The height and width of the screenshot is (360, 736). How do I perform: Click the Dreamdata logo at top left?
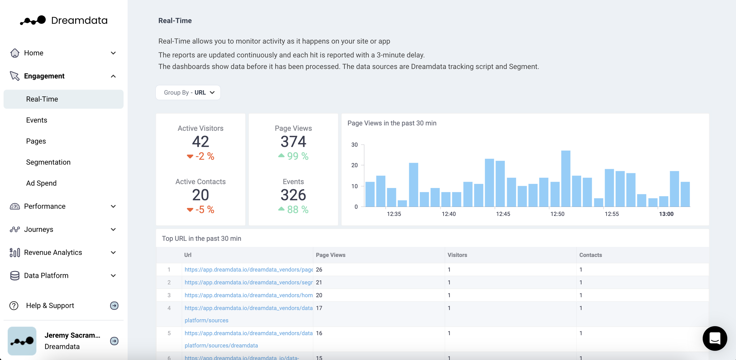[x=63, y=20]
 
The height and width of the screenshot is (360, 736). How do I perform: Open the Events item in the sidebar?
[x=37, y=120]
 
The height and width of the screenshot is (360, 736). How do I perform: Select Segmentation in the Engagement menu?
[x=48, y=162]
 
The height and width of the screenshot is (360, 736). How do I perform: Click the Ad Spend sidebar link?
[x=41, y=183]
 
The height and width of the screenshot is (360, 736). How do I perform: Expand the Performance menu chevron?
[x=113, y=207]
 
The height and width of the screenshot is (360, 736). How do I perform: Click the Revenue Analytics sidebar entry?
[x=53, y=252]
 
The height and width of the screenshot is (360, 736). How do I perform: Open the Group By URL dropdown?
[x=188, y=93]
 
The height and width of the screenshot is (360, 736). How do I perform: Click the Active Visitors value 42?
[x=200, y=142]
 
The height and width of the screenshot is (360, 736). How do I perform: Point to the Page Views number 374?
[x=293, y=142]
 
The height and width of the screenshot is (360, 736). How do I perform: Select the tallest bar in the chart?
[x=566, y=178]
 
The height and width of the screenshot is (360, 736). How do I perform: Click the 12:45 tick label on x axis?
[x=503, y=214]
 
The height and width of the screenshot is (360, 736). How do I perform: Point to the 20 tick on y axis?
[x=354, y=165]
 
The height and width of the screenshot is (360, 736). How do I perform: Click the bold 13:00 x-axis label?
[x=666, y=214]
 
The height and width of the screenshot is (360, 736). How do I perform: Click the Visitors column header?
[x=457, y=255]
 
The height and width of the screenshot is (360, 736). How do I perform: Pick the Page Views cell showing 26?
[x=319, y=270]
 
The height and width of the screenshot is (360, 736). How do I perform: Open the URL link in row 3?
[x=248, y=295]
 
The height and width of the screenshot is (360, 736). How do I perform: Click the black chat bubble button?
[x=715, y=338]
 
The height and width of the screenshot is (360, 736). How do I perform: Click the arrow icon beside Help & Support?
[x=114, y=306]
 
